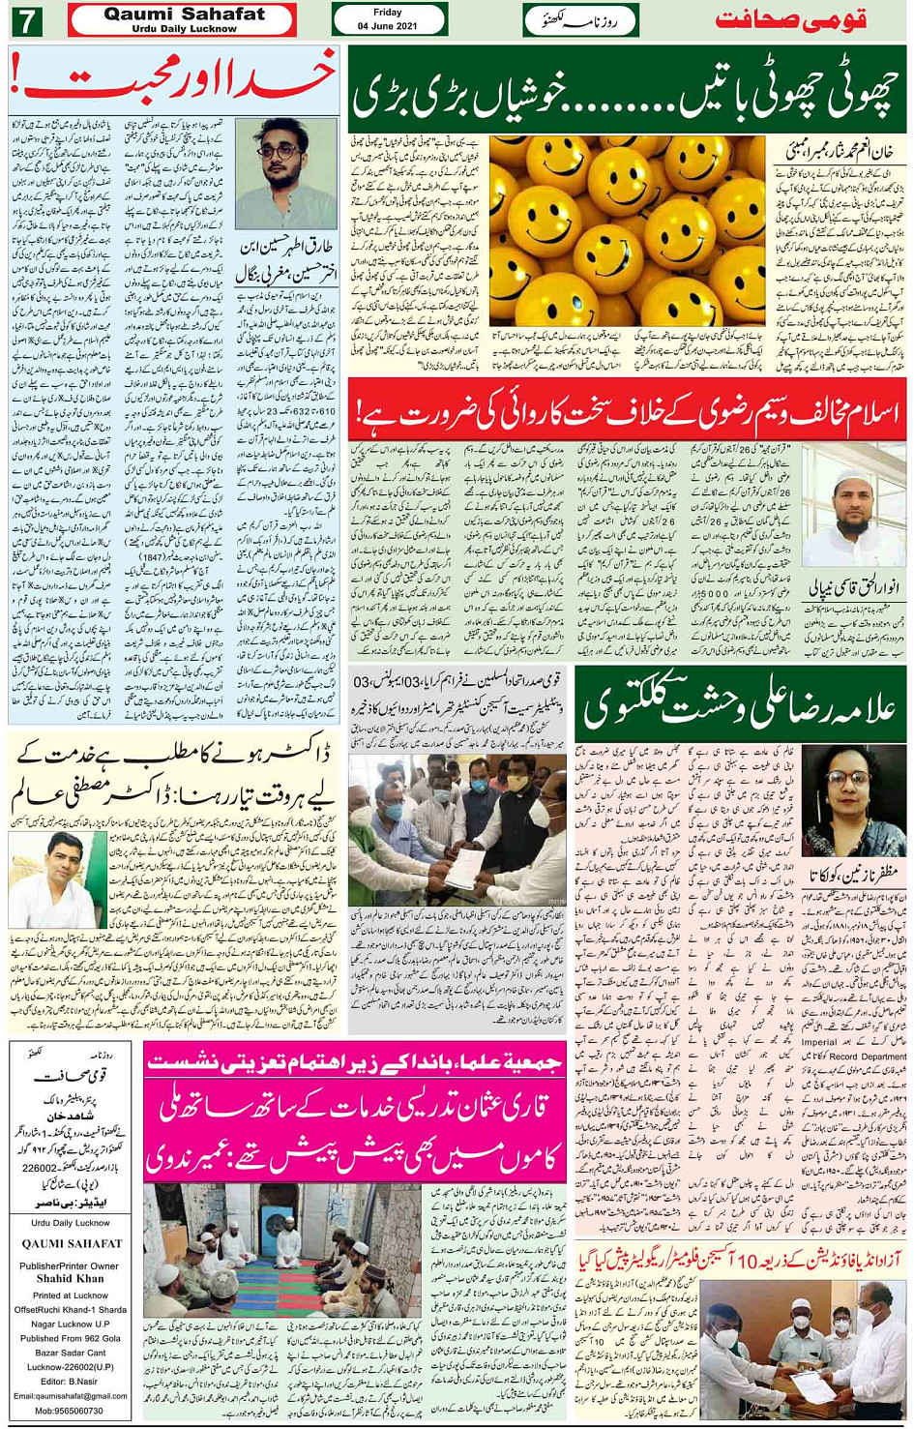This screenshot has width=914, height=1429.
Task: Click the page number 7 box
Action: (x=26, y=19)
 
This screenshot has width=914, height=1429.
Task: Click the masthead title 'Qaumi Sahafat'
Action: (x=184, y=15)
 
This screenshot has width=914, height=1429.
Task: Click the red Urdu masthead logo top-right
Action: (x=790, y=19)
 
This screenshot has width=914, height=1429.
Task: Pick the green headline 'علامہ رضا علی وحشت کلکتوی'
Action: (x=739, y=704)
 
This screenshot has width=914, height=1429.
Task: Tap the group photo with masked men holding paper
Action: (x=457, y=830)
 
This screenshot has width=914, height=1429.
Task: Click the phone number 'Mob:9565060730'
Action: (x=70, y=1411)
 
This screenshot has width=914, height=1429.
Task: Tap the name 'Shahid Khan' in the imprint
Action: (x=70, y=1278)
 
